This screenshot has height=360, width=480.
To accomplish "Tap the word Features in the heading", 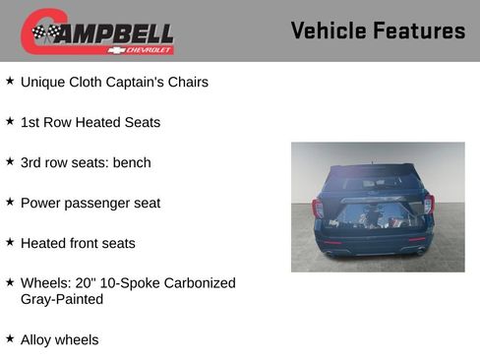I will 420,30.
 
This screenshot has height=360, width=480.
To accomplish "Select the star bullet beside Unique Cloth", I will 10,81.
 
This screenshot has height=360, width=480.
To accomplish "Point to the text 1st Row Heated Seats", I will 90,122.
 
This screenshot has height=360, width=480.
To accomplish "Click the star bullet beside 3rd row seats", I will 10,161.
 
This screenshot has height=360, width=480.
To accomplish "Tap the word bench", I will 132,162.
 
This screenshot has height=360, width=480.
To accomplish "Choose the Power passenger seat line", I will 90,203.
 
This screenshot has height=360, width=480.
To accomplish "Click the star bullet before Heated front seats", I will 10,242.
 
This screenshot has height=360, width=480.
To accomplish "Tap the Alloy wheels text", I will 59,339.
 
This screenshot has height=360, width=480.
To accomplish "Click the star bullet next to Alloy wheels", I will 10,338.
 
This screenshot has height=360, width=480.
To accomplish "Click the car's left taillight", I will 318,208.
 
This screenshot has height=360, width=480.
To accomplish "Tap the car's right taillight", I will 429,206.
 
